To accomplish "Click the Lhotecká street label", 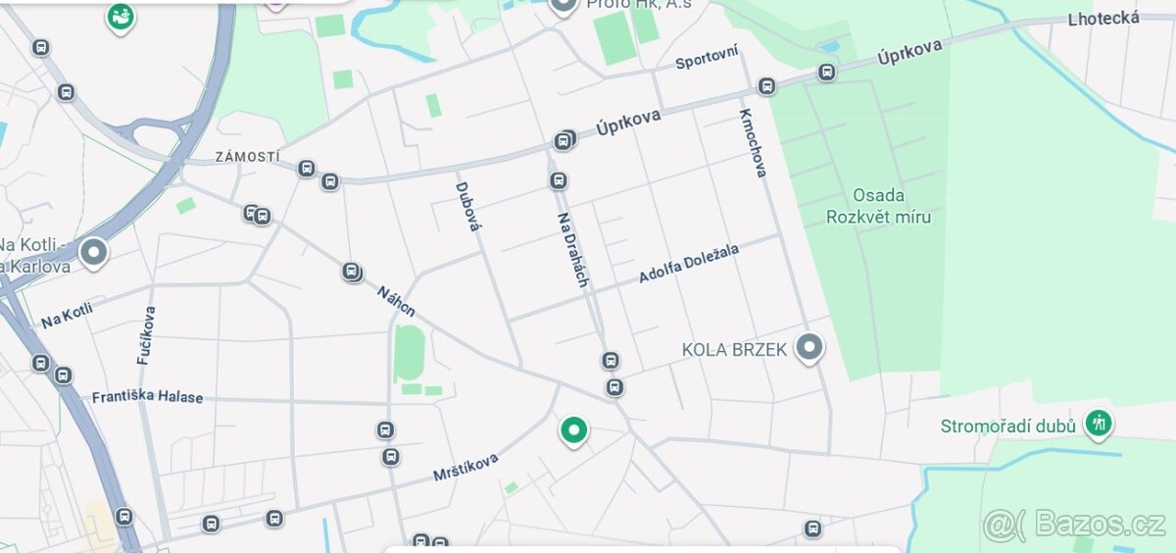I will coord(1104,18).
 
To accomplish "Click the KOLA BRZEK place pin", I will coord(809,348).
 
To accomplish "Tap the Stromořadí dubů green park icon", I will coord(1099,424).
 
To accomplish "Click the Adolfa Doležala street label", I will coord(689,264).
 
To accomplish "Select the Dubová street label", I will coord(468,206).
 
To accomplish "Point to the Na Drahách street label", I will coord(573,249).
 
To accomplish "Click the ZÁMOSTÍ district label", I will coord(248,157).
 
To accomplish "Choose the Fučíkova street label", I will coord(147,335).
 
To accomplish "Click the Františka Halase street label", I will coord(148,397).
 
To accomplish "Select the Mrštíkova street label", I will coord(465,467).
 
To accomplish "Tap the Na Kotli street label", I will coord(67,315).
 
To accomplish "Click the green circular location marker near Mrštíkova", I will coord(573,429).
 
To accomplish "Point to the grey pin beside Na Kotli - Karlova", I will coord(94,253).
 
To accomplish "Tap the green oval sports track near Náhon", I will coord(410,353).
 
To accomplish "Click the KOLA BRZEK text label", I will coord(734,350).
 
